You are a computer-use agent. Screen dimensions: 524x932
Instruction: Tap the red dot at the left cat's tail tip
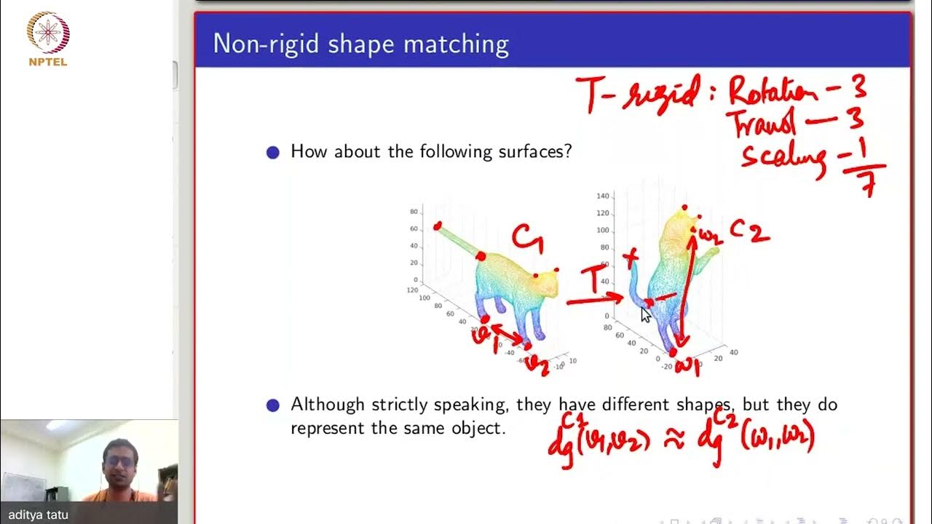coord(437,226)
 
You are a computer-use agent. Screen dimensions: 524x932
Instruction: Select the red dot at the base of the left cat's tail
coord(481,255)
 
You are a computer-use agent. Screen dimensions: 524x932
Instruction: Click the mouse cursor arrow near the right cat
coord(645,314)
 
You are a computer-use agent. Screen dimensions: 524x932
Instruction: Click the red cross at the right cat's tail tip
coord(631,256)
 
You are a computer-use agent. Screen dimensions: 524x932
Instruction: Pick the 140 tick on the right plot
coord(602,196)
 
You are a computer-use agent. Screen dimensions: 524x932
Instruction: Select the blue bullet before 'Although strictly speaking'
coord(273,405)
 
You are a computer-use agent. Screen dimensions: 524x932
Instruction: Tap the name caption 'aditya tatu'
coord(39,515)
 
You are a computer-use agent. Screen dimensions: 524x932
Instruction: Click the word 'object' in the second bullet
coord(481,428)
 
